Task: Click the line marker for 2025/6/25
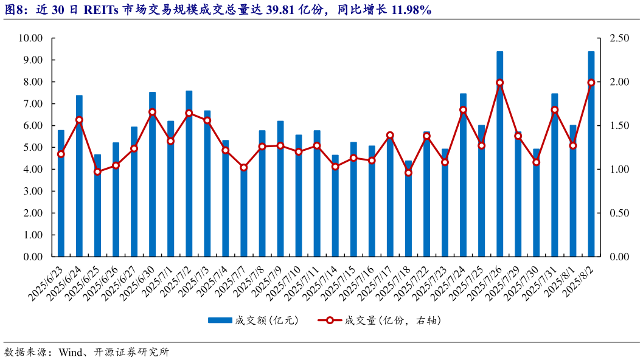click(97, 171)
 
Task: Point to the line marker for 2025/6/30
click(152, 112)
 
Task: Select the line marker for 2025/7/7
click(244, 167)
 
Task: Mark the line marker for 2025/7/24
click(463, 110)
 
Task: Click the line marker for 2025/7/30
click(536, 162)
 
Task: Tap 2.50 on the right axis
click(619, 38)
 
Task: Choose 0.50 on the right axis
click(619, 213)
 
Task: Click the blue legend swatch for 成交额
click(220, 320)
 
